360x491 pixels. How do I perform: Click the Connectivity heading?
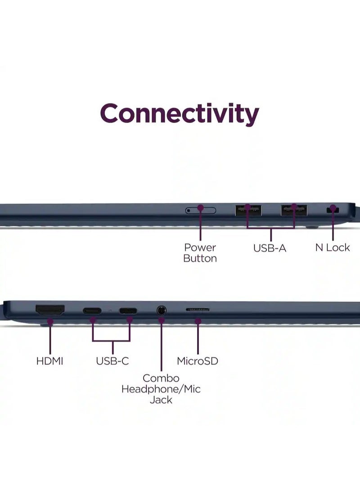tap(180, 114)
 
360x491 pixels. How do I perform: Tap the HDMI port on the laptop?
tap(50, 311)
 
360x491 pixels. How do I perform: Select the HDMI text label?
tap(50, 361)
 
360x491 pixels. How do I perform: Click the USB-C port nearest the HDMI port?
tap(92, 311)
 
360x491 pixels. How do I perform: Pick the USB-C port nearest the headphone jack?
tap(128, 311)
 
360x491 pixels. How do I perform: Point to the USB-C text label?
tap(112, 361)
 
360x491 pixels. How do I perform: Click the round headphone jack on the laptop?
tap(161, 311)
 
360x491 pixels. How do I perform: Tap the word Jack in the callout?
tap(161, 400)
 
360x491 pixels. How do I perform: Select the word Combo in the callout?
tap(161, 378)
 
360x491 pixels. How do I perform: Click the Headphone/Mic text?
tap(161, 389)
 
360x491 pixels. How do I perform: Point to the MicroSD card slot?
tap(198, 310)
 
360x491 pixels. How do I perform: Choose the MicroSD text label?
tap(198, 361)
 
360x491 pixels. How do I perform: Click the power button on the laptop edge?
tap(201, 210)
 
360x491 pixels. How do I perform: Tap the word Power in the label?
tap(200, 248)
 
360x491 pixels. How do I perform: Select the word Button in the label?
tap(200, 258)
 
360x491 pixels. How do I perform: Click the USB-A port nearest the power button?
tap(248, 210)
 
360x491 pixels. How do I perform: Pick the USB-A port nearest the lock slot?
tap(294, 210)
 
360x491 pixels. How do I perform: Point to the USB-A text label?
tap(270, 248)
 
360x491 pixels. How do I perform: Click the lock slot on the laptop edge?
tap(333, 210)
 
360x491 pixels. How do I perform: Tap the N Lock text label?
tap(333, 248)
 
